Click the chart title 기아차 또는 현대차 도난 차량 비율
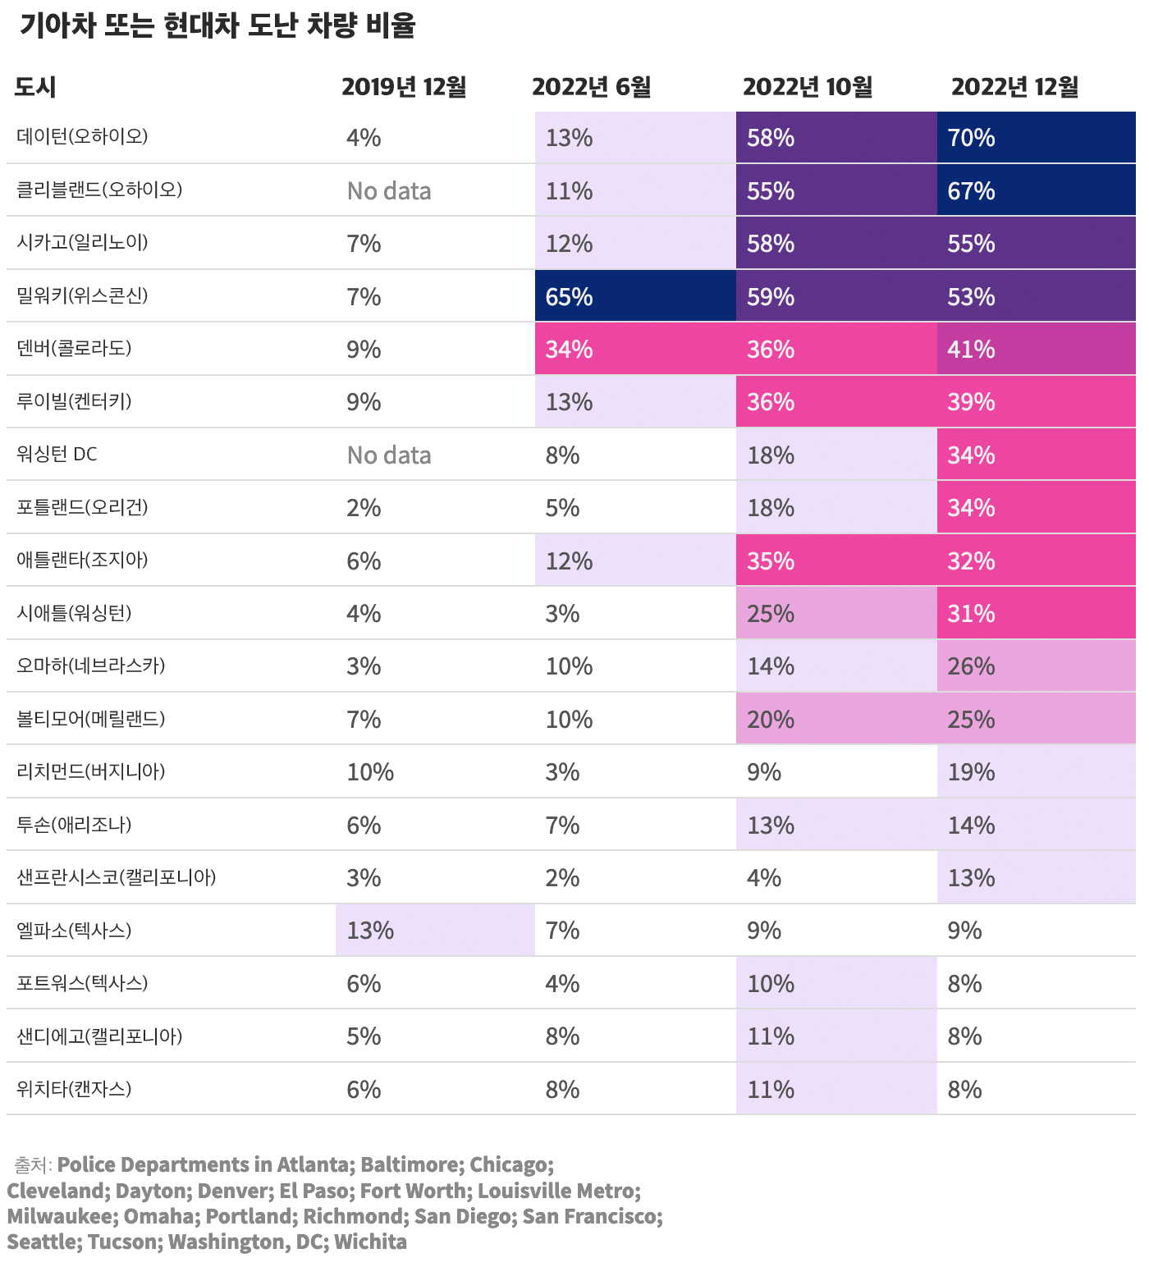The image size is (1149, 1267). tap(217, 26)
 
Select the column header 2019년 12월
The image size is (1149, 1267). tap(404, 87)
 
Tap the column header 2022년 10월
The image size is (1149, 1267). tap(808, 87)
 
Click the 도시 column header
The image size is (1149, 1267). tap(35, 87)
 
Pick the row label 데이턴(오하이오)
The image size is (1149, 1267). tap(82, 136)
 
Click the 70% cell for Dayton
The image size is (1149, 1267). tap(972, 138)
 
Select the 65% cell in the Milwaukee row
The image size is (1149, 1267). tap(570, 297)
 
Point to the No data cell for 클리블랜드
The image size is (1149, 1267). tap(389, 191)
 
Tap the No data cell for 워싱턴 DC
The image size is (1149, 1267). tap(389, 455)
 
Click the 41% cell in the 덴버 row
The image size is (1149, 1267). tap(972, 350)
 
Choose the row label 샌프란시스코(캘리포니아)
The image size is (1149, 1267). tap(117, 877)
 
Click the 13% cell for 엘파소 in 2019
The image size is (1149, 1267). tap(370, 931)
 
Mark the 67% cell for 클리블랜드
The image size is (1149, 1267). tap(972, 191)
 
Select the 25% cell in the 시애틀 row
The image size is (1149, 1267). tap(771, 614)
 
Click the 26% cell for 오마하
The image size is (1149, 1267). tap(972, 666)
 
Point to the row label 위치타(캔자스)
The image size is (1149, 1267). tap(74, 1089)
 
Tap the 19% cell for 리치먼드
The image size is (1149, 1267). tap(972, 772)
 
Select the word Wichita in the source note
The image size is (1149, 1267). tap(370, 1242)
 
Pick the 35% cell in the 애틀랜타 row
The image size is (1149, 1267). tap(771, 561)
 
